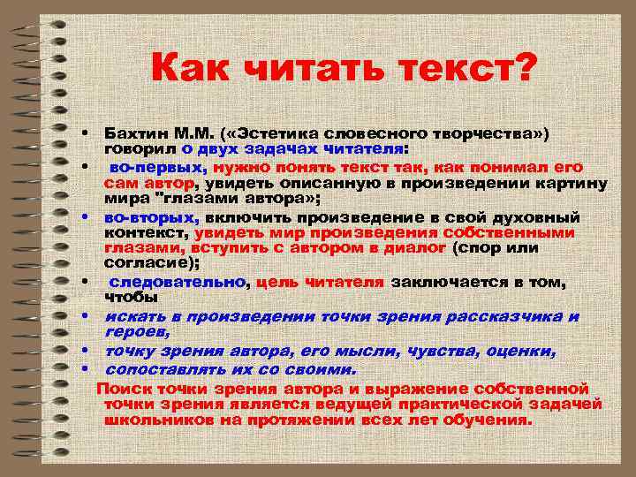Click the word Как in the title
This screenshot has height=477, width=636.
pyautogui.click(x=191, y=68)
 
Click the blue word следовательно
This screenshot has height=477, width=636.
pyautogui.click(x=177, y=283)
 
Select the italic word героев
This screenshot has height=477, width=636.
pyautogui.click(x=136, y=331)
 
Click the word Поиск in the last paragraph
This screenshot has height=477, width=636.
pyautogui.click(x=125, y=388)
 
